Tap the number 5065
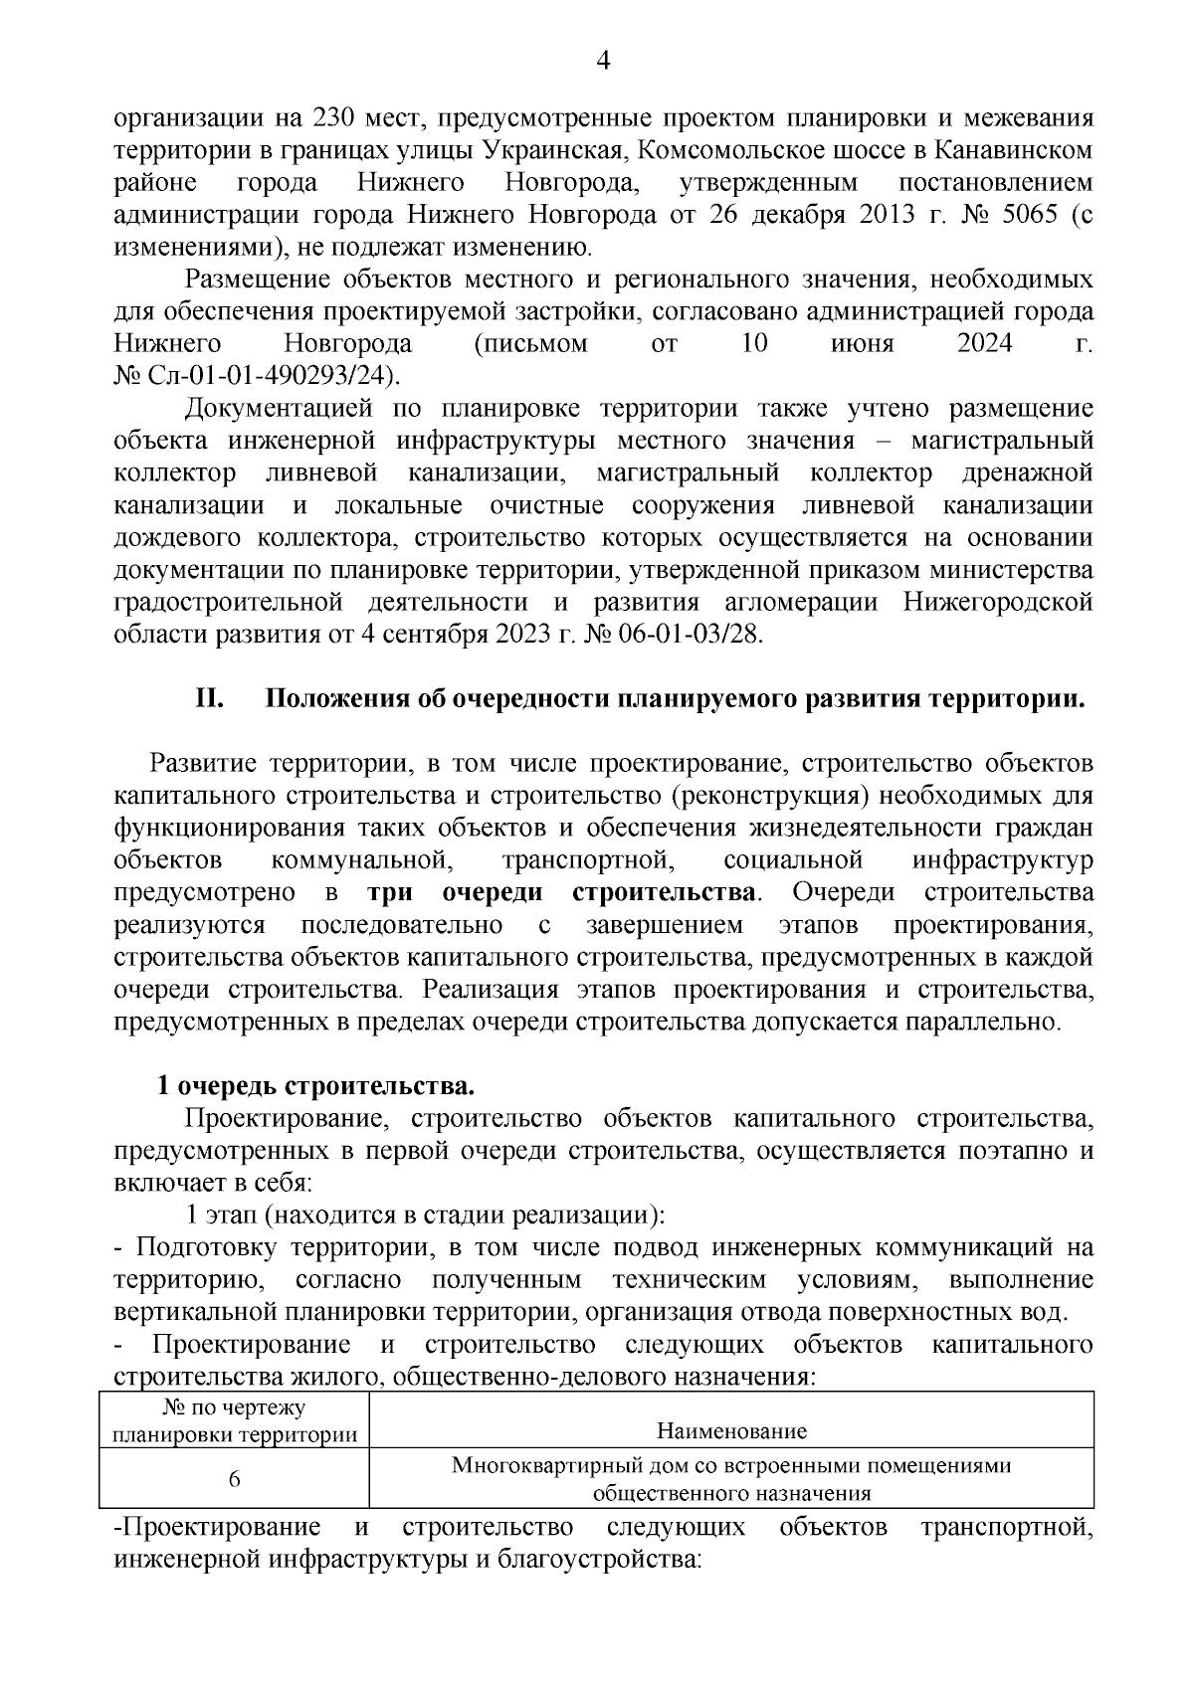tap(1026, 215)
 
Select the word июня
tap(862, 344)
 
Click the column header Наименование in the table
tap(731, 1431)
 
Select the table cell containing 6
tap(234, 1478)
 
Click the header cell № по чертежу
tap(234, 1407)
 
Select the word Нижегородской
tap(998, 603)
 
